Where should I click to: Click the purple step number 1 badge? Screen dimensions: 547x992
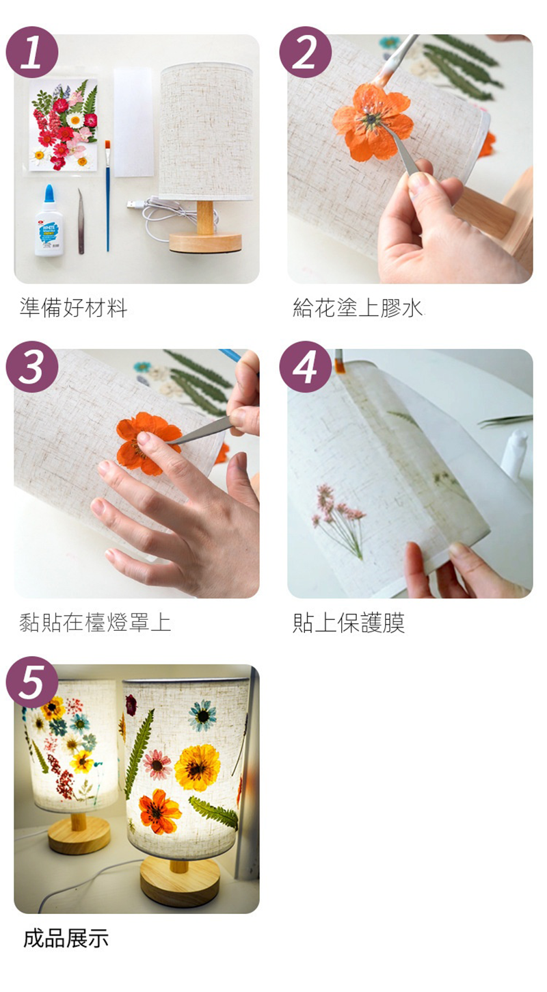click(x=32, y=53)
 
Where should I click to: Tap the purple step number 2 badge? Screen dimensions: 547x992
click(x=306, y=53)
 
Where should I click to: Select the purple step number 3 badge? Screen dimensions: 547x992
click(x=32, y=367)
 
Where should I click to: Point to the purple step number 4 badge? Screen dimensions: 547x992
click(x=306, y=367)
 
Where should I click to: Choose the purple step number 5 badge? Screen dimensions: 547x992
click(x=32, y=682)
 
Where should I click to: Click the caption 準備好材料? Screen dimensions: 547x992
click(x=73, y=308)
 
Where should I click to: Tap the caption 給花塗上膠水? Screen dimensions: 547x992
click(x=358, y=308)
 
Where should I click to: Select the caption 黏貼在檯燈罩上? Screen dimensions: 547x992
click(x=95, y=622)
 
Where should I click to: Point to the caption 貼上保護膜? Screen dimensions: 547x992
click(x=349, y=622)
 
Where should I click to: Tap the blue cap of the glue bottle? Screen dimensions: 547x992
click(x=49, y=195)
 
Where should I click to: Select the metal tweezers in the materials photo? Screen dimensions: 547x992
click(x=81, y=221)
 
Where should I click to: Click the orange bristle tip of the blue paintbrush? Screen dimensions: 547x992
click(x=107, y=144)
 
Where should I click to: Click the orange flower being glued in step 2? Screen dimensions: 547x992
click(x=373, y=121)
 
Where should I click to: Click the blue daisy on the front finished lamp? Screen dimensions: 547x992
click(x=203, y=715)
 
